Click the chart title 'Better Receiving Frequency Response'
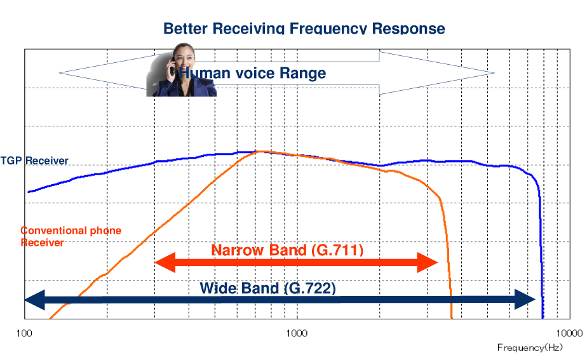pyautogui.click(x=304, y=29)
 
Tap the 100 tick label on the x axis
pyautogui.click(x=24, y=333)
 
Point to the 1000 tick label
pyautogui.click(x=297, y=333)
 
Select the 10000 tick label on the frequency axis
pyautogui.click(x=569, y=333)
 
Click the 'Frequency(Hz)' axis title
pyautogui.click(x=530, y=348)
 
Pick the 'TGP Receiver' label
pyautogui.click(x=34, y=161)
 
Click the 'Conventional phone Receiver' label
pyautogui.click(x=71, y=236)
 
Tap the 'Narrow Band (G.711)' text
pyautogui.click(x=288, y=250)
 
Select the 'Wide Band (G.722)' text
pyautogui.click(x=267, y=288)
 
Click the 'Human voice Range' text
pyautogui.click(x=253, y=73)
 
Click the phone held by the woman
pyautogui.click(x=172, y=67)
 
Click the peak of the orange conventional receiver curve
pyautogui.click(x=261, y=152)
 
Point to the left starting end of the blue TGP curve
pyautogui.click(x=28, y=192)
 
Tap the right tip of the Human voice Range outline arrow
pyautogui.click(x=494, y=73)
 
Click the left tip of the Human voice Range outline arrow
pyautogui.click(x=60, y=73)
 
